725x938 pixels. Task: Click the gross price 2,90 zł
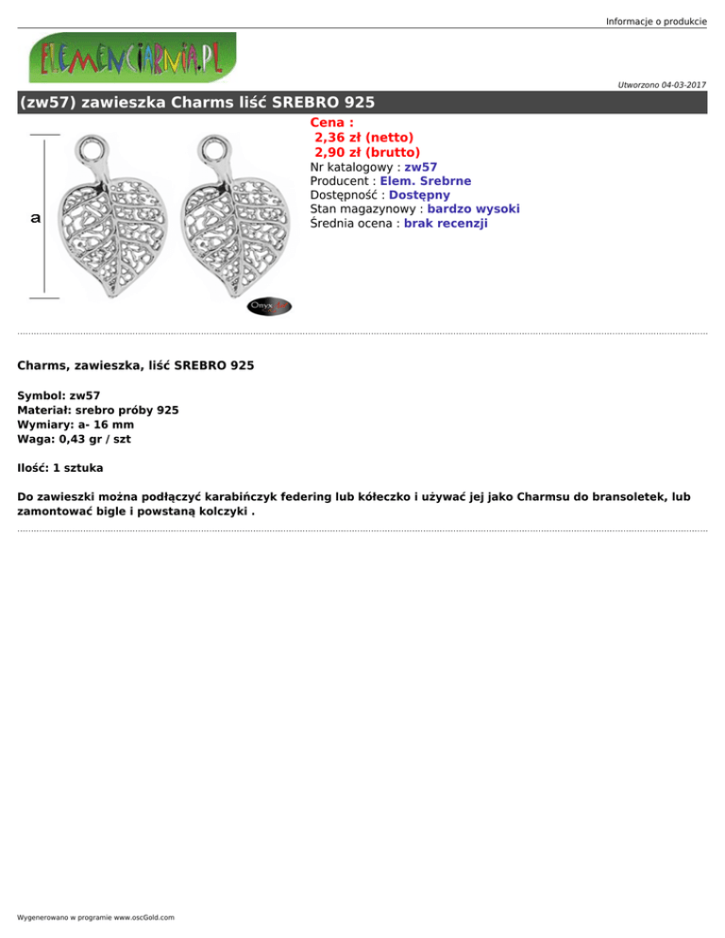[367, 152]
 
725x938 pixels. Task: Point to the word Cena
[330, 123]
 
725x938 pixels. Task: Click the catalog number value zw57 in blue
[420, 167]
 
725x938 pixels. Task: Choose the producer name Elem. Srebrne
[426, 181]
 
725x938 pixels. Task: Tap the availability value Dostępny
[419, 195]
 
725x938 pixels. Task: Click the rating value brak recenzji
[446, 224]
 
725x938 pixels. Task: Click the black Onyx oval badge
[269, 307]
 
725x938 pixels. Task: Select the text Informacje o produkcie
[656, 21]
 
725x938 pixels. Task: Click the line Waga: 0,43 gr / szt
[74, 439]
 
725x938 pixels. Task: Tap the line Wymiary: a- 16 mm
[76, 425]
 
